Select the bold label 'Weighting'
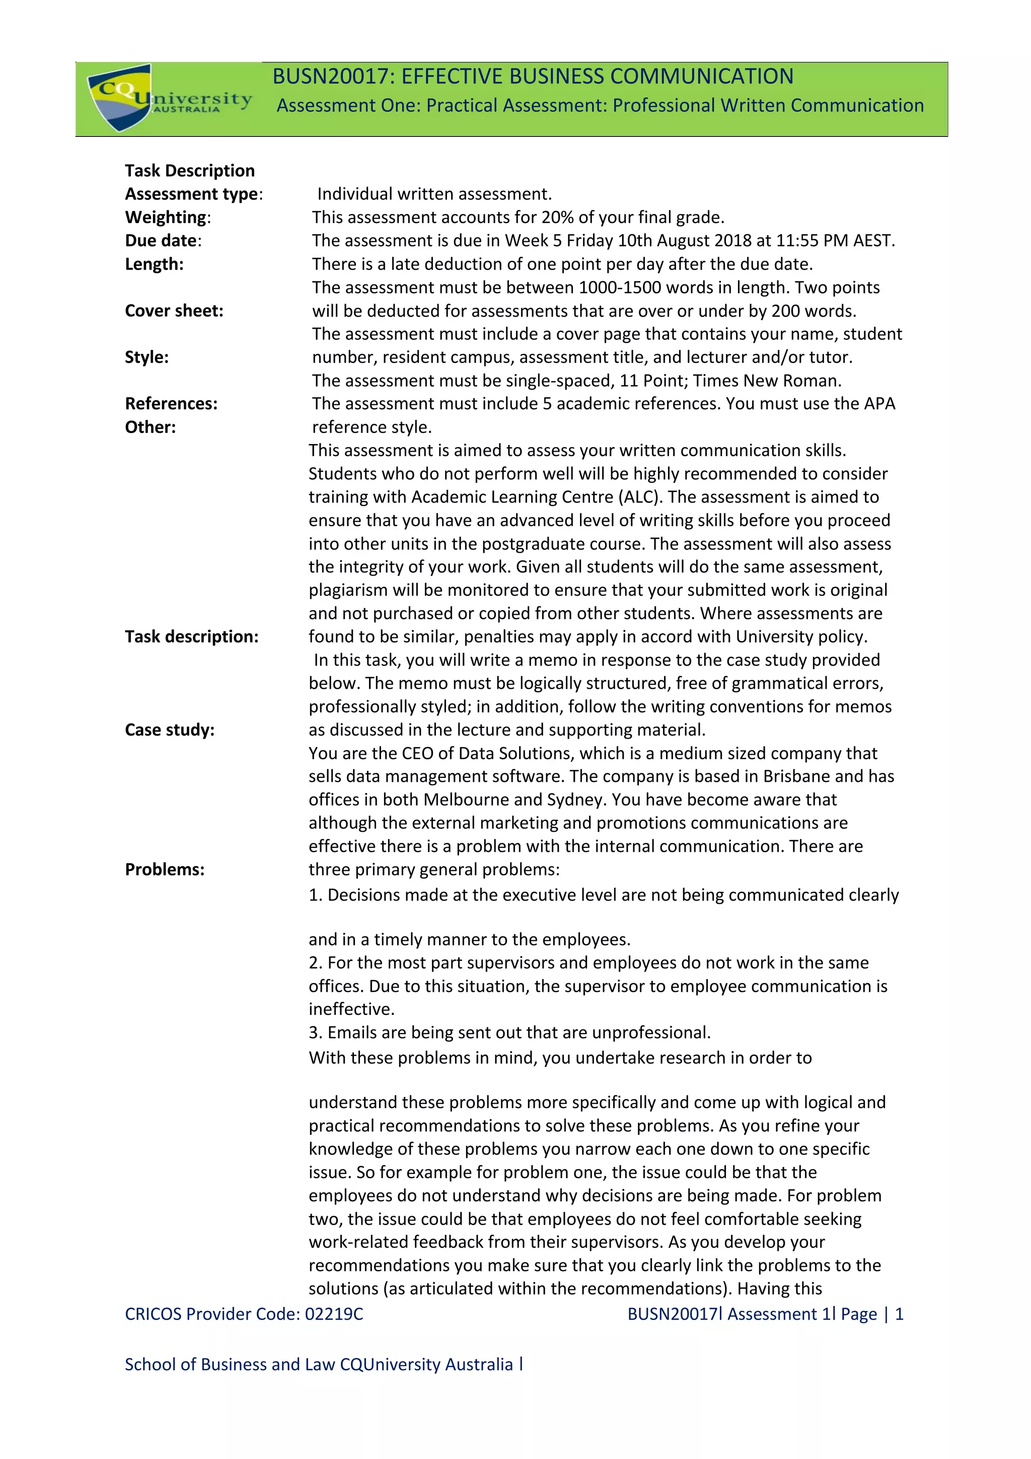(x=166, y=217)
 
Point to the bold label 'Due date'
(x=161, y=241)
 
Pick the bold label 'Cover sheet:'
(x=174, y=311)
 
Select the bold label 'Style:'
(x=146, y=357)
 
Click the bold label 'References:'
(x=171, y=403)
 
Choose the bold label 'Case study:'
(x=170, y=729)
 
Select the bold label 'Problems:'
(x=165, y=869)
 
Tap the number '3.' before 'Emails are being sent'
(x=315, y=1033)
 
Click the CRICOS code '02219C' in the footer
(x=334, y=1314)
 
